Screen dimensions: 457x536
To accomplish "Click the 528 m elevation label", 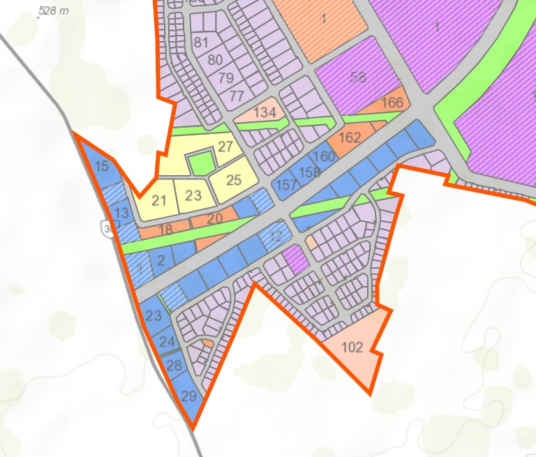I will pos(55,10).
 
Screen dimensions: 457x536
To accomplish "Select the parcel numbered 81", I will pos(201,42).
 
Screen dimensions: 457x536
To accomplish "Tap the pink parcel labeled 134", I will pos(265,112).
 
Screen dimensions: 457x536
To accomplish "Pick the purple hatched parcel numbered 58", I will pos(358,78).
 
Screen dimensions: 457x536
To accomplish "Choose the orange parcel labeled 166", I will pos(392,103).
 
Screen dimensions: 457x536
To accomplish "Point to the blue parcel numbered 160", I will pos(325,157).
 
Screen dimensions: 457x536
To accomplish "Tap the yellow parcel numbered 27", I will pos(225,147).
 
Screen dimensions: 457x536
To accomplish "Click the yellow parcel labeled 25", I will pos(234,180).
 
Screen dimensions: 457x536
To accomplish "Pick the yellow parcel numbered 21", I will pos(159,201).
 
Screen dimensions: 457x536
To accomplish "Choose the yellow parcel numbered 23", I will pos(193,196).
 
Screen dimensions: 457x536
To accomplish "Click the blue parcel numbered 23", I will pos(154,315).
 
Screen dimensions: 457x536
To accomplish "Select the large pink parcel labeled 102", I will pos(355,347).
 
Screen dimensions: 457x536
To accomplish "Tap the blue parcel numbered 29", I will pos(189,396).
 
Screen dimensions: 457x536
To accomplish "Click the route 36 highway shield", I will pos(107,228).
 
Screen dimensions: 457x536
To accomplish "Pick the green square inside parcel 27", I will pos(201,165).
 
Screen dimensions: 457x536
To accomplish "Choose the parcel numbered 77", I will pos(237,95).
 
